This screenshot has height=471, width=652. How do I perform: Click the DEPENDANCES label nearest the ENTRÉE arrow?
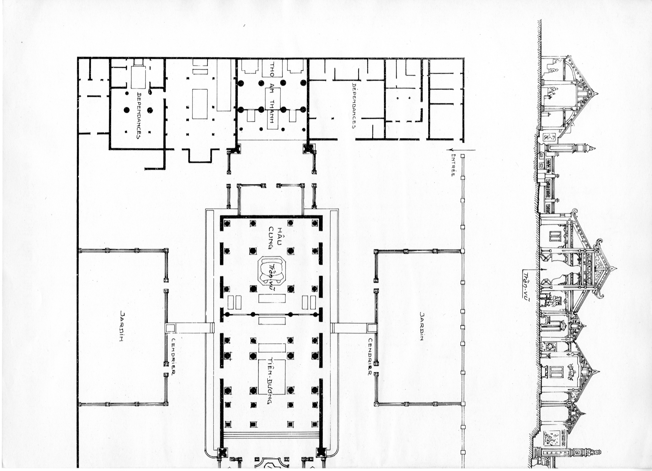click(x=354, y=106)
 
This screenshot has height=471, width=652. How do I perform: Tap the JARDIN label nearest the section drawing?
click(x=422, y=326)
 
